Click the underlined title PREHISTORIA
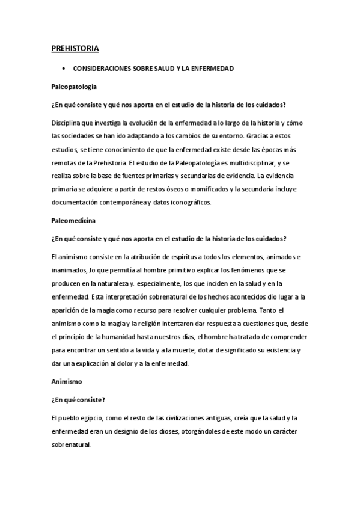(75, 48)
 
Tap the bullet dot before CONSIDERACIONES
(63, 69)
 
